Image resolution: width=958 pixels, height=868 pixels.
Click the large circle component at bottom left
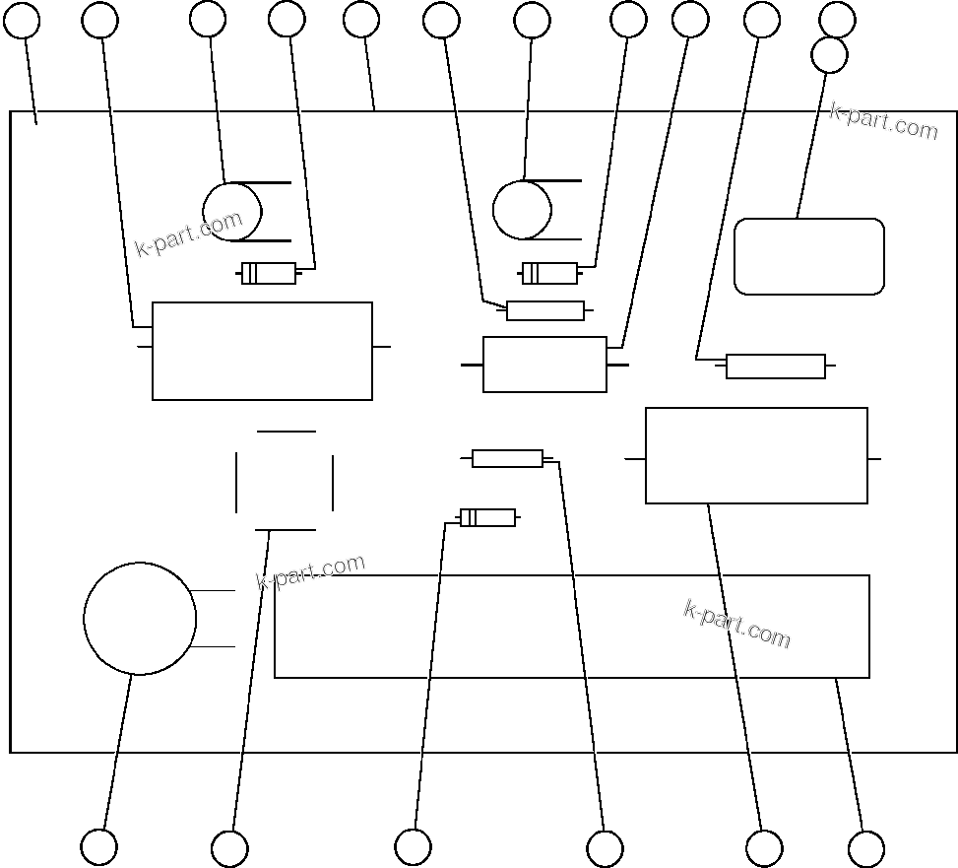140,619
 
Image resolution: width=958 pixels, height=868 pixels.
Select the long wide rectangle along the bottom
571,627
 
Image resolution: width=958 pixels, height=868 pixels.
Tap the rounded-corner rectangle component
809,256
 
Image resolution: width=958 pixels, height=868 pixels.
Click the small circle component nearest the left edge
232,211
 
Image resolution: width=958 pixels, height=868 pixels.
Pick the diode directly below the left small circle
269,273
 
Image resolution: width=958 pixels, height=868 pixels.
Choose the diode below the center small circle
549,273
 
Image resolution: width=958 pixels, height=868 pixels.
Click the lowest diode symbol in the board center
487,517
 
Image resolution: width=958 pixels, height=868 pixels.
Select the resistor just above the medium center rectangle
545,310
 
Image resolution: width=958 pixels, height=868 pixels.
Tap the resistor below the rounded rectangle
776,367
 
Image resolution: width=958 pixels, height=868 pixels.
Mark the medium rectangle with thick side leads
544,365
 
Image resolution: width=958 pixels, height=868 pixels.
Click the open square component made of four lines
285,481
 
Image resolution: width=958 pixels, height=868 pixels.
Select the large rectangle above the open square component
262,351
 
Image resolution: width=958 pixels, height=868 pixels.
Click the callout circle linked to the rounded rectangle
829,55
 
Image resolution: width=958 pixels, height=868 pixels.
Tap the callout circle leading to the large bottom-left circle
98,847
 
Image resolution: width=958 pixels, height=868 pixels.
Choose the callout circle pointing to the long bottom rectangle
866,849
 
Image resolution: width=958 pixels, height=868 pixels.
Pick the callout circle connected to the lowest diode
413,847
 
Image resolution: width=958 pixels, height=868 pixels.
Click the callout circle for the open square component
229,848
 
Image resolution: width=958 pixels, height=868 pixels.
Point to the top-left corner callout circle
22,20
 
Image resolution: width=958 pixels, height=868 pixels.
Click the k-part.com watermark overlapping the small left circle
188,234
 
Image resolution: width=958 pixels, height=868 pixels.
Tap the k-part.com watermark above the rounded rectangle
883,120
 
